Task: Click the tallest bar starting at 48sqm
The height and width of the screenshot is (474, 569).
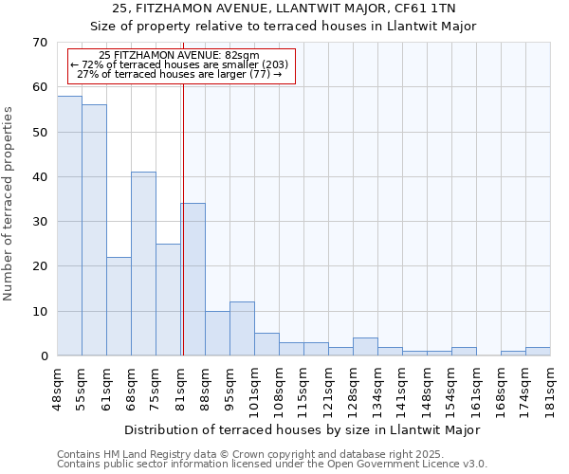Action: (x=69, y=226)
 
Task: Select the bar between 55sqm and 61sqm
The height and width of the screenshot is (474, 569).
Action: (x=94, y=230)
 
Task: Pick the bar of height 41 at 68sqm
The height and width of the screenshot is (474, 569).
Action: (x=143, y=264)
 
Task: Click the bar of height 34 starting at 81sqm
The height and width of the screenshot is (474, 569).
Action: (x=193, y=280)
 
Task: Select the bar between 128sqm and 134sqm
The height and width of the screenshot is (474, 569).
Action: (x=365, y=347)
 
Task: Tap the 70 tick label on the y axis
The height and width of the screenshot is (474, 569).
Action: (x=39, y=43)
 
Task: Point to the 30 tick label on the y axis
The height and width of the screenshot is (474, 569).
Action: (x=39, y=222)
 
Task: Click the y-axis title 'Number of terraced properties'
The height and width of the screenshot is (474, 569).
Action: (x=9, y=204)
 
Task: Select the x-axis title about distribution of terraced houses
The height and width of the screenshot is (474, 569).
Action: (x=315, y=429)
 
